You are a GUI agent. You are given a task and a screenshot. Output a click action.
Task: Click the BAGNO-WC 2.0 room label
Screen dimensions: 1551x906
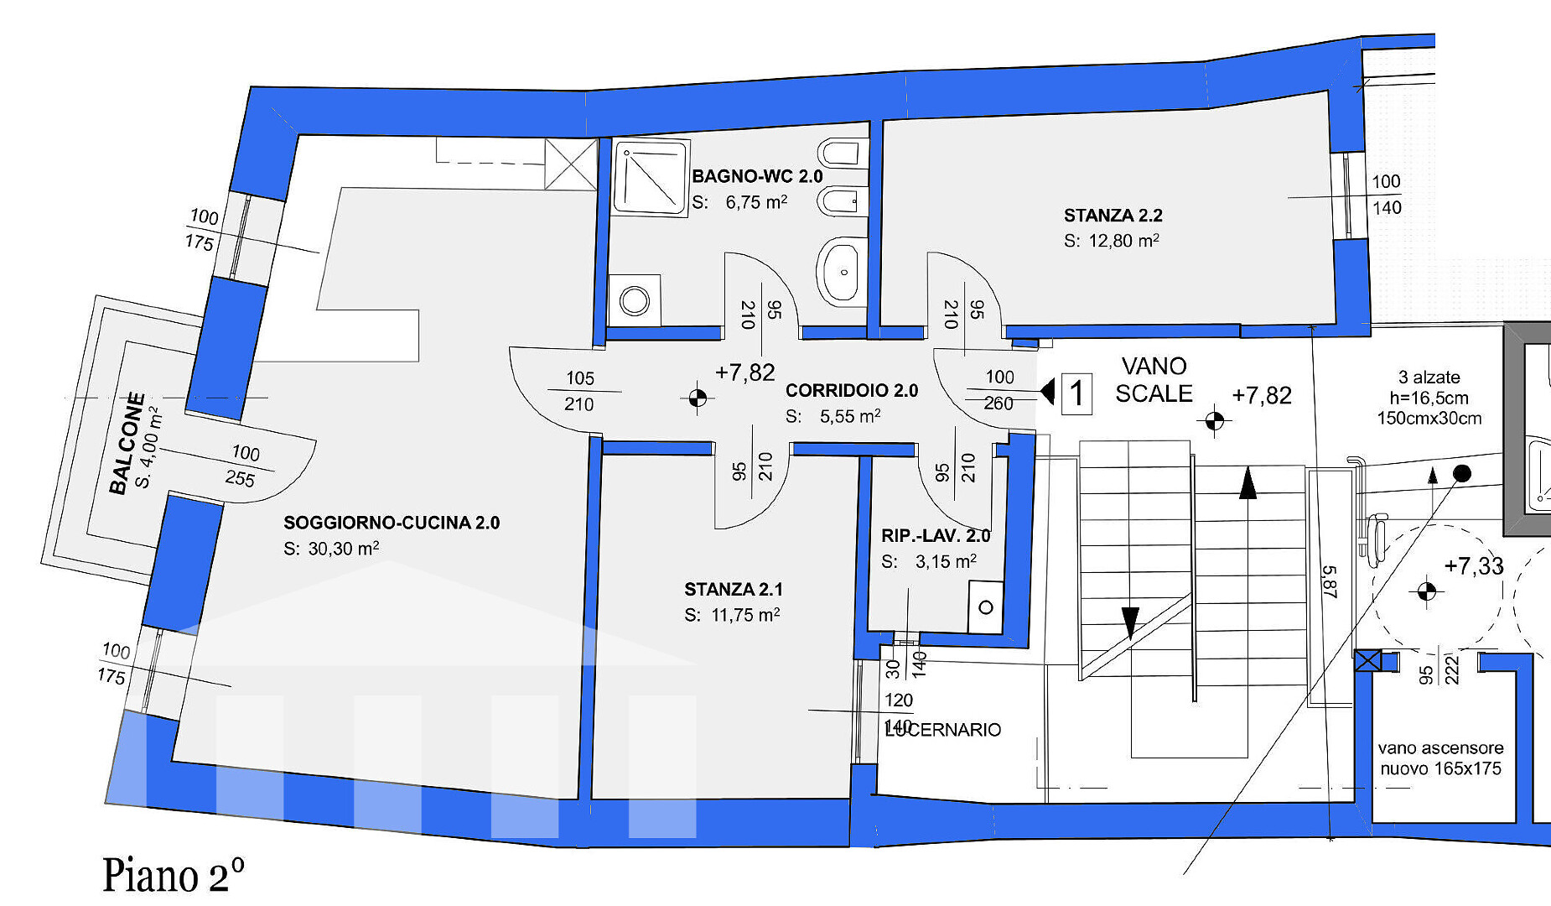[x=757, y=176]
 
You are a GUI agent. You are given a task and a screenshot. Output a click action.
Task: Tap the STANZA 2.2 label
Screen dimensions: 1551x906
[x=1113, y=216]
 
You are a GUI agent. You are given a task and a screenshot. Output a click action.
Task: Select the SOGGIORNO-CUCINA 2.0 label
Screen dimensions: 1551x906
[x=392, y=523]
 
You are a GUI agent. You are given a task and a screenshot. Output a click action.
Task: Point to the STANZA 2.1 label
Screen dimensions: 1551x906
[x=734, y=589]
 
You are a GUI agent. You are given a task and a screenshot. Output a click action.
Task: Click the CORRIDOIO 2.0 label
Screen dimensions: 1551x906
[x=852, y=390]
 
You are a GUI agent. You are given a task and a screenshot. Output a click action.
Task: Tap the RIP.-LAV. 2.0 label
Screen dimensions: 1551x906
[x=936, y=535]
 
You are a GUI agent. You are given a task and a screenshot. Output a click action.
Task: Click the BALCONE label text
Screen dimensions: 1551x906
[x=127, y=443]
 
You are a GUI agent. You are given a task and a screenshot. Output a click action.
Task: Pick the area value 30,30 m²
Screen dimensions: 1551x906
[x=344, y=549]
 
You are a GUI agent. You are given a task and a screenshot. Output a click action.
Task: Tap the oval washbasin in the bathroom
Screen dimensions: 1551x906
[x=841, y=271]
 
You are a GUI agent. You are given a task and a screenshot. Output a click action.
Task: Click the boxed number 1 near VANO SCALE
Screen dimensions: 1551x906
[x=1077, y=393]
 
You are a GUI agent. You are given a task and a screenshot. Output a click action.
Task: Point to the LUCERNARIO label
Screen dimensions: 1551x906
[x=943, y=730]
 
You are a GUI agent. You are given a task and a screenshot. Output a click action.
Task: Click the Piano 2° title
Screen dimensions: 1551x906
[x=174, y=875]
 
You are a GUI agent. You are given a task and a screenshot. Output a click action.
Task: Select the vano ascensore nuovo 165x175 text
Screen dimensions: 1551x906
[x=1440, y=758]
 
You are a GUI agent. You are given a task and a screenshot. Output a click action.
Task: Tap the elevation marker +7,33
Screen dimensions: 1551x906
[x=1474, y=566]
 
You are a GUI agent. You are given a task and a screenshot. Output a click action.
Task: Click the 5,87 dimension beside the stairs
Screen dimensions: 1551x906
[x=1329, y=581]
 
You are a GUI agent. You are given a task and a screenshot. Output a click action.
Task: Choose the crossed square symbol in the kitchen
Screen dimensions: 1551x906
[x=571, y=164]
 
